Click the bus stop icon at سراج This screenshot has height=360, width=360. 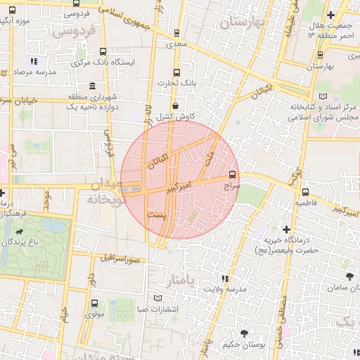click(233, 176)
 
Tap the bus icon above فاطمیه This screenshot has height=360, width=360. click(305, 191)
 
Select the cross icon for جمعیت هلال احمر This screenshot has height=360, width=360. click(330, 15)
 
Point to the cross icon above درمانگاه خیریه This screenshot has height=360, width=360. click(286, 229)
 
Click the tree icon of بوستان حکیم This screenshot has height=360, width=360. click(244, 333)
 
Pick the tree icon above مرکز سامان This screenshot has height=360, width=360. click(349, 277)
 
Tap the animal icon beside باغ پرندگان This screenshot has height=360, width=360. click(15, 231)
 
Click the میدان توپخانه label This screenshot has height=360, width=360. click(106, 191)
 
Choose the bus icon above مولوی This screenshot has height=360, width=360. click(94, 303)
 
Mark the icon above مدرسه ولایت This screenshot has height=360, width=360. click(225, 278)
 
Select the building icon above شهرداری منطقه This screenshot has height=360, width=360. click(93, 86)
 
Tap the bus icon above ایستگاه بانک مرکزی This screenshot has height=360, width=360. click(103, 51)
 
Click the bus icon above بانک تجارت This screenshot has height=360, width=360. click(176, 72)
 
